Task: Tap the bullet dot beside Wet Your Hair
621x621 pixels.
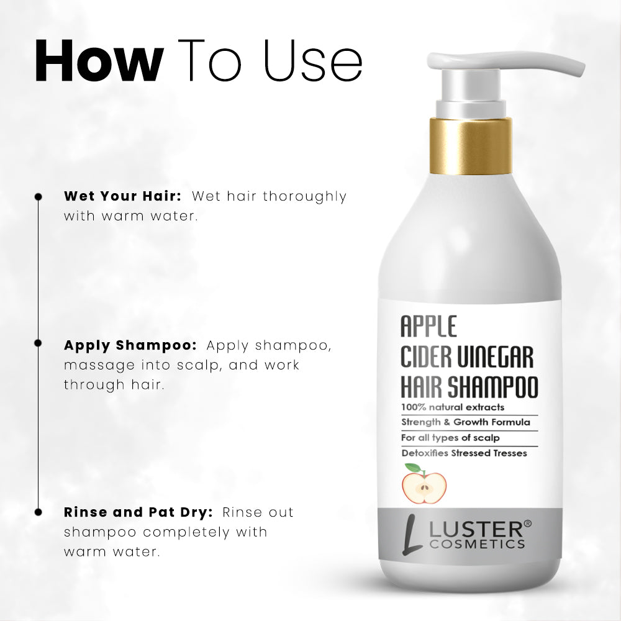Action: tap(39, 197)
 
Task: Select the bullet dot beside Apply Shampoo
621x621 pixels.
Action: tap(39, 343)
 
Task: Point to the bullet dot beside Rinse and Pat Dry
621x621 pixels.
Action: tap(39, 512)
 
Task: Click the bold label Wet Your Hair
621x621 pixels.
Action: tap(123, 196)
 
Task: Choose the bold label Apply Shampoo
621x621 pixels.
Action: tap(130, 346)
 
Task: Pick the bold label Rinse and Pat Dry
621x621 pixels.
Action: tap(138, 512)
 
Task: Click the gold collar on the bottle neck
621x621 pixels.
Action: tap(471, 147)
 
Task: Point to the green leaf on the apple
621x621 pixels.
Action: tap(412, 468)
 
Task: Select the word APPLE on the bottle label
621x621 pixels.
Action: tap(428, 326)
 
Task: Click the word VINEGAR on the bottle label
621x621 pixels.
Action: tap(495, 357)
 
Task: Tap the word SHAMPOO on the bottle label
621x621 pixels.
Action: tap(492, 387)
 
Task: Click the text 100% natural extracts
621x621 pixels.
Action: tap(453, 407)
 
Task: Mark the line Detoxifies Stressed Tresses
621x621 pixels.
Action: tap(464, 453)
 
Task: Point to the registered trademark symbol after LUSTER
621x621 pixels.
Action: tap(527, 524)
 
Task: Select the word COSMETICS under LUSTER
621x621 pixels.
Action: tap(477, 544)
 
